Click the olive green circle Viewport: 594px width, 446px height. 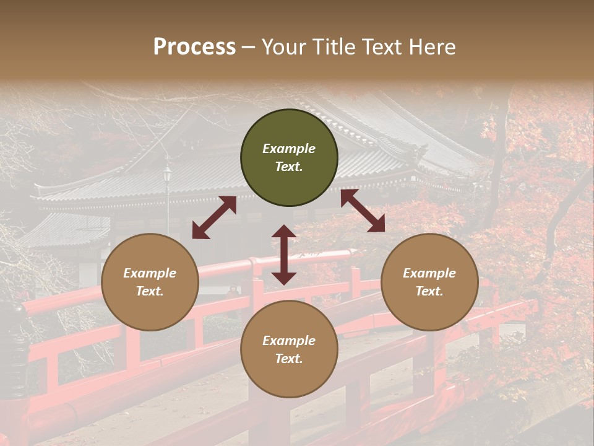[289, 157]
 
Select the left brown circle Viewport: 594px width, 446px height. [150, 282]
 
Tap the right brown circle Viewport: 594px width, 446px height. [429, 282]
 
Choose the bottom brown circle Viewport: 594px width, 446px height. [289, 349]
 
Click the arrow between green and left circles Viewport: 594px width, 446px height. [214, 217]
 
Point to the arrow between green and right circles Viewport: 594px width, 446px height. [363, 211]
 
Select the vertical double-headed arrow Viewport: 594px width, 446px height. [284, 255]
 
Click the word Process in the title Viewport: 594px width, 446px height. [194, 46]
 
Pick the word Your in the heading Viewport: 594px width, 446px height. [282, 46]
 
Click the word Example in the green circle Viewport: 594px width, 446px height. [289, 149]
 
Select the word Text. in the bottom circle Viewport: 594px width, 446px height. [289, 359]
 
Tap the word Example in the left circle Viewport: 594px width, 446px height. [150, 273]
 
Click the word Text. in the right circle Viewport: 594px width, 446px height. [429, 291]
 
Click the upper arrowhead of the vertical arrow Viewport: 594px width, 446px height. [284, 232]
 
